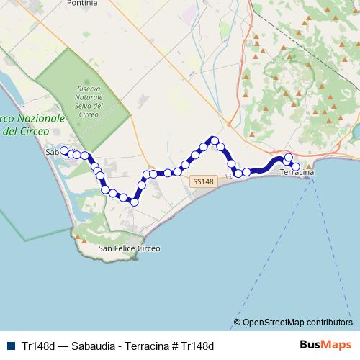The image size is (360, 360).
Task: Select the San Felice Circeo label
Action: coord(129,248)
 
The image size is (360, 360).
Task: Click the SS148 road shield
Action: coord(204,182)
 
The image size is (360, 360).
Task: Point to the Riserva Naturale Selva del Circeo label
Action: coord(90,100)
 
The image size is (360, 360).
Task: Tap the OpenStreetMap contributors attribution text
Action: coord(293,322)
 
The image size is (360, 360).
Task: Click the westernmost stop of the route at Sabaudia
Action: coord(63,151)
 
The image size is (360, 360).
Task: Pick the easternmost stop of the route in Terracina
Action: coord(295,167)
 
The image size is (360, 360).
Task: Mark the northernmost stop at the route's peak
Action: coord(214,140)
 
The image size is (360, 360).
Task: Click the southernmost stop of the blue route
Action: coord(133,202)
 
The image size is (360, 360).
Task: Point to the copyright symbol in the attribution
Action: coord(238,322)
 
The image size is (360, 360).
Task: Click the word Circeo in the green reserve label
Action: coord(90,113)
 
